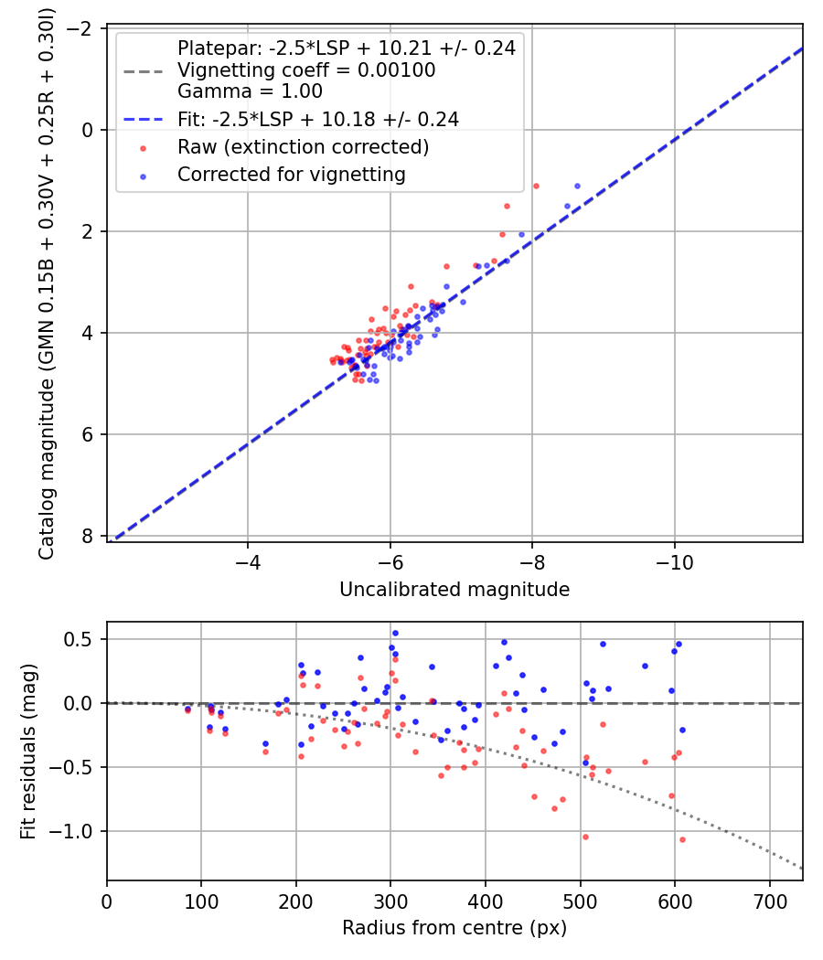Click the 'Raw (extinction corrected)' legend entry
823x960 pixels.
coord(303,146)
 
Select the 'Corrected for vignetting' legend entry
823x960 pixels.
coord(291,173)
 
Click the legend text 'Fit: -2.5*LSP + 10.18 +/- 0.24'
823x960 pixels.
coord(317,119)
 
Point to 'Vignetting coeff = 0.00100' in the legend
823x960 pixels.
coord(306,70)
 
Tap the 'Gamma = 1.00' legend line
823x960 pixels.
coord(250,91)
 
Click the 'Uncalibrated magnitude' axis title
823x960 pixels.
coord(454,590)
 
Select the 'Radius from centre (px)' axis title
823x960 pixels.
coord(454,928)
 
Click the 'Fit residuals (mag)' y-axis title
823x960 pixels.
coord(28,751)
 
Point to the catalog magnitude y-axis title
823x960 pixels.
coord(46,284)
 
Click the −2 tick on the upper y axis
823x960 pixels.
coord(83,28)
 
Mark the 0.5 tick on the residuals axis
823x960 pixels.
coord(84,639)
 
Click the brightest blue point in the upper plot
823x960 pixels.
coord(577,186)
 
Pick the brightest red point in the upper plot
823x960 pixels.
coord(536,186)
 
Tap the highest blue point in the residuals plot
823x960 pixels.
coord(395,633)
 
